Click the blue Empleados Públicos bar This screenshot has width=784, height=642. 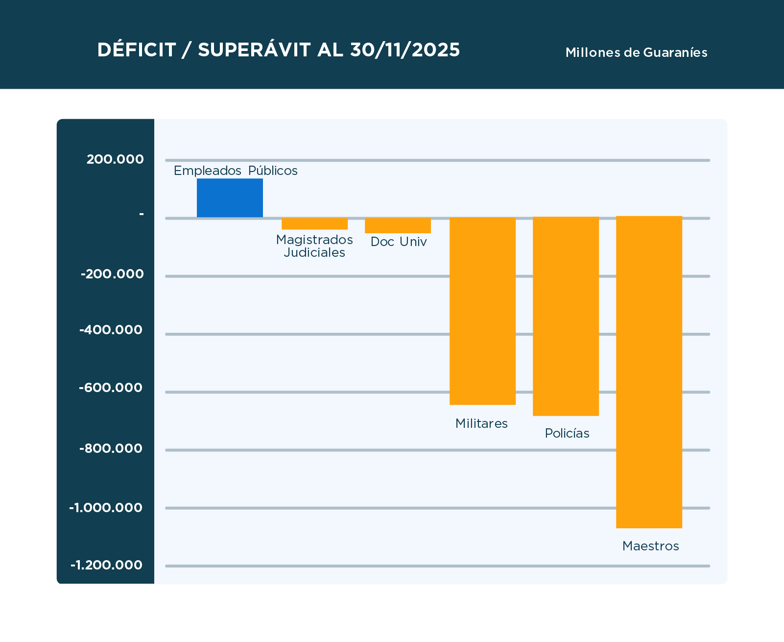click(x=230, y=198)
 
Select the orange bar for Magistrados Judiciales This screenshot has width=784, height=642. click(x=314, y=224)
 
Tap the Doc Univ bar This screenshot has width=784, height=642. click(x=398, y=226)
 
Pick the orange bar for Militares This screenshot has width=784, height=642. click(x=482, y=311)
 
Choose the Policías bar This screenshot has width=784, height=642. click(x=566, y=317)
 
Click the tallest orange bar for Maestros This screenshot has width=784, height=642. click(x=649, y=372)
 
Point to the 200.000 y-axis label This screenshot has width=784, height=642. click(x=115, y=159)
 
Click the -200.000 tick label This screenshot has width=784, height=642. click(x=112, y=274)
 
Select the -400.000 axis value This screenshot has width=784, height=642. click(x=111, y=330)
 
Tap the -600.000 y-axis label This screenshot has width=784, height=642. click(x=111, y=388)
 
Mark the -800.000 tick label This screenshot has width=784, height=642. click(x=111, y=448)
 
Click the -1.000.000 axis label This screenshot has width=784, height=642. click(x=106, y=508)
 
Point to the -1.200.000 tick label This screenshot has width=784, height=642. click(x=106, y=565)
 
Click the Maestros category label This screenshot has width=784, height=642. click(x=650, y=546)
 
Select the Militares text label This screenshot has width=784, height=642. click(x=481, y=423)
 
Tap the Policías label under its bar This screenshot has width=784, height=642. click(x=567, y=433)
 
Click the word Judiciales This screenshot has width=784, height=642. click(x=314, y=253)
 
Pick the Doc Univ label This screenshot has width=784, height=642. click(x=399, y=242)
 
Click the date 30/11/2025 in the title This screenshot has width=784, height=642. click(x=405, y=50)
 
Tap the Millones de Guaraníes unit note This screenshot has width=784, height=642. click(x=636, y=52)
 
